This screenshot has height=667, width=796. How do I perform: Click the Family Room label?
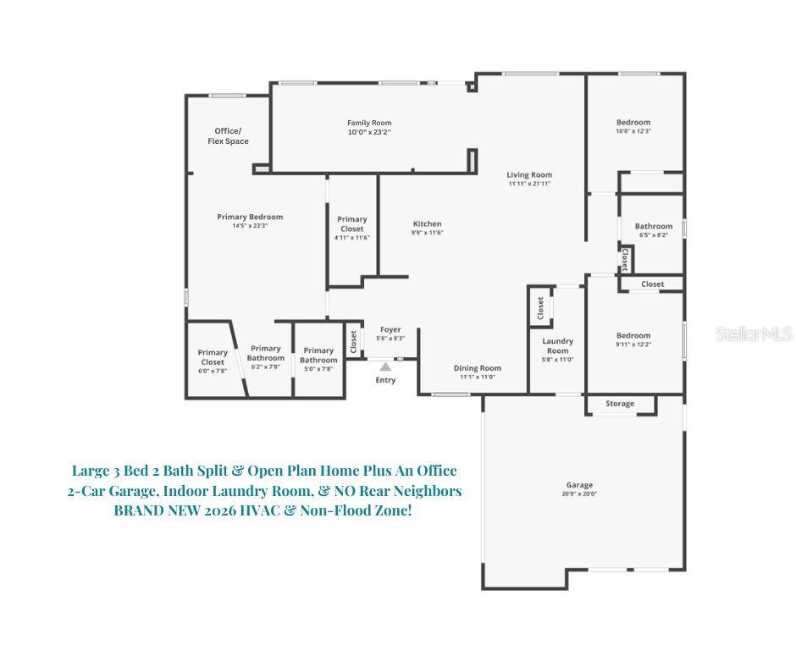click(x=369, y=123)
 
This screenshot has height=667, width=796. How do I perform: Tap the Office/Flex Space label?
click(x=228, y=135)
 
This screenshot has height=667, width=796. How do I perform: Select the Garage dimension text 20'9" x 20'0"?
click(x=579, y=494)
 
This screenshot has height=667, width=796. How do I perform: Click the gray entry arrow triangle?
click(x=385, y=367)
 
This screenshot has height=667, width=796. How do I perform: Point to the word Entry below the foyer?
click(x=385, y=380)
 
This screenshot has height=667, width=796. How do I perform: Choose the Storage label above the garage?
click(x=620, y=404)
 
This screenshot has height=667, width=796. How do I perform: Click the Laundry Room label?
click(x=557, y=346)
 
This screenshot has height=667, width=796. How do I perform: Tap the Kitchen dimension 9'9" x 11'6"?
click(x=427, y=233)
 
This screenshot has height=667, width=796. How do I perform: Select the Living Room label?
click(x=529, y=175)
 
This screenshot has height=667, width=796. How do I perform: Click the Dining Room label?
click(x=478, y=368)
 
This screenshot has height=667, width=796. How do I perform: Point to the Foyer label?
click(x=390, y=329)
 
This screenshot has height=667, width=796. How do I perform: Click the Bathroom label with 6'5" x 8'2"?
click(x=653, y=226)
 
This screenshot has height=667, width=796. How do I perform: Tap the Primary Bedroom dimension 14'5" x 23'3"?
click(x=250, y=226)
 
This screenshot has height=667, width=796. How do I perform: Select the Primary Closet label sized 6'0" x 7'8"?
click(x=213, y=357)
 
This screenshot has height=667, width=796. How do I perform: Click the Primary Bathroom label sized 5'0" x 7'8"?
click(x=318, y=356)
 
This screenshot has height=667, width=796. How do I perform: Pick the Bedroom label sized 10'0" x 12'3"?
click(x=633, y=123)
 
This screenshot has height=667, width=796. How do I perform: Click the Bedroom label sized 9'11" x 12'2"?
click(x=633, y=336)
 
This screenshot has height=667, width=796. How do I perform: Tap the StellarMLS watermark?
click(x=753, y=334)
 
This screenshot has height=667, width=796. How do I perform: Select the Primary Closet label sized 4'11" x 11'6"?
click(x=352, y=224)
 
